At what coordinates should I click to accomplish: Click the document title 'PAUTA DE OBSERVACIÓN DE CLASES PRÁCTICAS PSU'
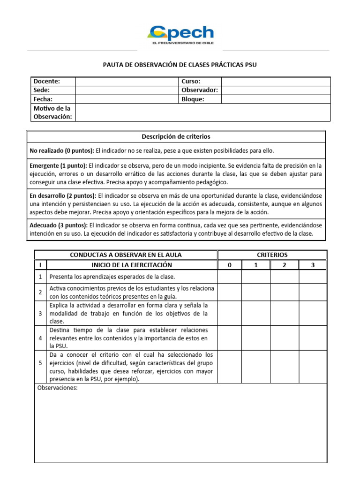tap(180, 65)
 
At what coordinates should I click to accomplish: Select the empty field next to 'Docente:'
tap(127, 81)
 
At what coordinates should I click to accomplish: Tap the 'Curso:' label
tap(191, 81)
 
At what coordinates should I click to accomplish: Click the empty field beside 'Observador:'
tap(276, 90)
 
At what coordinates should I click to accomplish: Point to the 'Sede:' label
tap(42, 90)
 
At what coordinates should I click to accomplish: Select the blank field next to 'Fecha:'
tap(127, 99)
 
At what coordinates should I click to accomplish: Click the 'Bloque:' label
tap(193, 99)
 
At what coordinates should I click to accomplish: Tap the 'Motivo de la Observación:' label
tap(52, 112)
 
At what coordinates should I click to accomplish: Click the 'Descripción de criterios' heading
tap(176, 137)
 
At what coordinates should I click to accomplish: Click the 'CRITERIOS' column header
tap(272, 255)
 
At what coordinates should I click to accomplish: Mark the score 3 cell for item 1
tap(313, 277)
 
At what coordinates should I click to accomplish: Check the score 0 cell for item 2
tap(230, 292)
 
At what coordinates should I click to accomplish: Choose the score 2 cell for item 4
tap(285, 338)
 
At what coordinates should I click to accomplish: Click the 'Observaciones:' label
tap(57, 388)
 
